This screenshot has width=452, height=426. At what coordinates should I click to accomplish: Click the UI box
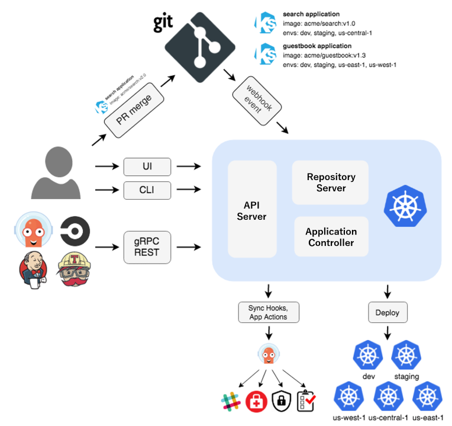pyautogui.click(x=147, y=166)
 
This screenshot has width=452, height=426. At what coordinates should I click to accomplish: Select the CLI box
pyautogui.click(x=147, y=190)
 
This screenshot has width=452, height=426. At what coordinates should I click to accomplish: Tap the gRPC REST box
pyautogui.click(x=147, y=247)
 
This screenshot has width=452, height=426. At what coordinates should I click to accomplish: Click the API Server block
pyautogui.click(x=252, y=209)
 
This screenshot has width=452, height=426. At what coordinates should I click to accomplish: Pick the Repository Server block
pyautogui.click(x=330, y=182)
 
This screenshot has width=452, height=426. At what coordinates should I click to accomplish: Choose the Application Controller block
pyautogui.click(x=331, y=236)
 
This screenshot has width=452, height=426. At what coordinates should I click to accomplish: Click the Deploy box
pyautogui.click(x=388, y=312)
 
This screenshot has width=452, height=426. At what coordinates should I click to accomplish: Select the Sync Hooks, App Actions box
pyautogui.click(x=269, y=312)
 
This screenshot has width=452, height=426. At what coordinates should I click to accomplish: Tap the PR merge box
pyautogui.click(x=134, y=110)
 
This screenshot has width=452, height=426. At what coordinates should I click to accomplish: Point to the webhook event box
pyautogui.click(x=257, y=101)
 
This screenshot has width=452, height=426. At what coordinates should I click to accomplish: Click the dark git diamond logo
pyautogui.click(x=200, y=47)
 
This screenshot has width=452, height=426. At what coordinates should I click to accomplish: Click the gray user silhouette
pyautogui.click(x=56, y=172)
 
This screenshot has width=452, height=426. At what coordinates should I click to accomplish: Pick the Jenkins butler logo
pyautogui.click(x=33, y=270)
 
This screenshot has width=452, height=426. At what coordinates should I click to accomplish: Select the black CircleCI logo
pyautogui.click(x=75, y=231)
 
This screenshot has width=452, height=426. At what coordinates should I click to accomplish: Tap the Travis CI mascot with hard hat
pyautogui.click(x=75, y=269)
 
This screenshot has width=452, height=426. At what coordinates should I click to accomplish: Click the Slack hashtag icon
pyautogui.click(x=231, y=401)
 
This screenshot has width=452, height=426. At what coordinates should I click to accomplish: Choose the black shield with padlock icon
pyautogui.click(x=282, y=401)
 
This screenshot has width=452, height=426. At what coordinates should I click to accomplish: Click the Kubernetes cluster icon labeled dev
pyautogui.click(x=368, y=355)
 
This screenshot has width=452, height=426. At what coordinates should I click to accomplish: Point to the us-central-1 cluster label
pyautogui.click(x=388, y=418)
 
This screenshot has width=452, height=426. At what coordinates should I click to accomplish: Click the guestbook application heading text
pyautogui.click(x=317, y=46)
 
